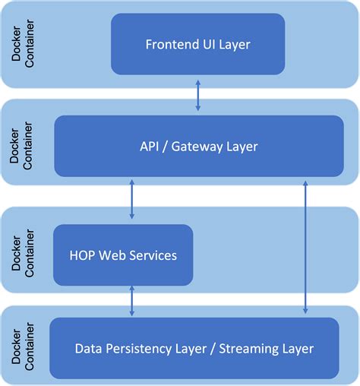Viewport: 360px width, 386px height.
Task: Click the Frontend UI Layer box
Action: pyautogui.click(x=197, y=44)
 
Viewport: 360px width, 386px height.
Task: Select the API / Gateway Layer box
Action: pyautogui.click(x=197, y=146)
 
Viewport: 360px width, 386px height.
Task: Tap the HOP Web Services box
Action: pyautogui.click(x=122, y=255)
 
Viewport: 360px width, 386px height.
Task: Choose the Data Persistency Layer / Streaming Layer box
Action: pyautogui.click(x=194, y=349)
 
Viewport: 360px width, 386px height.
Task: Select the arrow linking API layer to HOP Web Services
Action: pyautogui.click(x=132, y=201)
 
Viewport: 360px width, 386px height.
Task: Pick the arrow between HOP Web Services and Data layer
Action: pyautogui.click(x=132, y=302)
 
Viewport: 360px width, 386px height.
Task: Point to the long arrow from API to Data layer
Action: pyautogui.click(x=305, y=246)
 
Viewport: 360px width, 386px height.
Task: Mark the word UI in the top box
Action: pyautogui.click(x=207, y=44)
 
